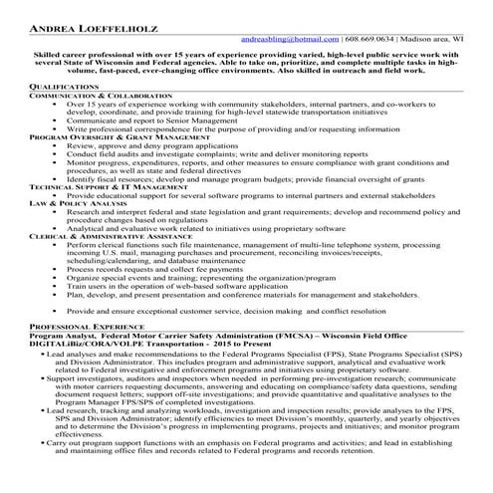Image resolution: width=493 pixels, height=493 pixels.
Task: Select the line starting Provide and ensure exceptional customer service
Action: [x=238, y=311]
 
